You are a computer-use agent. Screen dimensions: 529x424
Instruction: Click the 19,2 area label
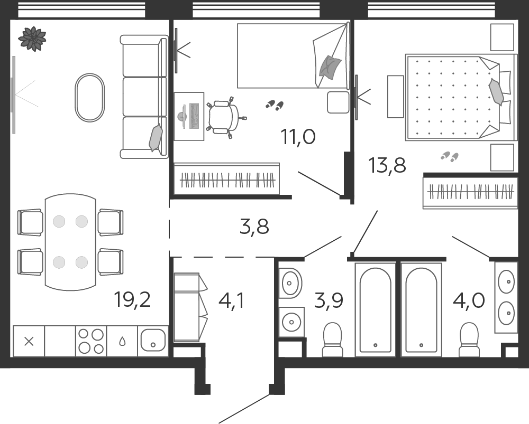132,299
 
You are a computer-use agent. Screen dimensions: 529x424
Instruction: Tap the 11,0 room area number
298,137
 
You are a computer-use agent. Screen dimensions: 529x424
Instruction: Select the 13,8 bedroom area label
387,165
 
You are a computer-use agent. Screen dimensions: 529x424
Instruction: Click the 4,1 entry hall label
231,301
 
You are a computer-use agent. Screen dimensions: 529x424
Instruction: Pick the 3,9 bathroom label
329,300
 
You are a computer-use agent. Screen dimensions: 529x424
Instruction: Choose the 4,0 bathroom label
469,300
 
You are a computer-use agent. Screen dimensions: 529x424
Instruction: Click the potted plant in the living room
32,39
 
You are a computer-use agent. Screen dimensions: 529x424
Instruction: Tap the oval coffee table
90,98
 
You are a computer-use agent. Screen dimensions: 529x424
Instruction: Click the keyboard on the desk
194,116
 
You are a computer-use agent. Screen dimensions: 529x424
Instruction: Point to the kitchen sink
153,340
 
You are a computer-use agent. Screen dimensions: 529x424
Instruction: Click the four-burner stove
91,341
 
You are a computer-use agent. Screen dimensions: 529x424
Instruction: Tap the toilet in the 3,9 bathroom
332,339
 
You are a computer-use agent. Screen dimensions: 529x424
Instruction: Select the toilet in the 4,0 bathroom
469,339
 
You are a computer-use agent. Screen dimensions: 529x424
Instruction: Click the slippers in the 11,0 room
275,105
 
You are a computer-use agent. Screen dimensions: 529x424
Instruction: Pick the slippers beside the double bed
450,156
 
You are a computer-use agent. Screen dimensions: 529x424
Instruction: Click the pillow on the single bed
330,68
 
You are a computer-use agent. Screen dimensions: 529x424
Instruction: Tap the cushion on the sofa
156,137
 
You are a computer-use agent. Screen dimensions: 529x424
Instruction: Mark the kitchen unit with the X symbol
29,341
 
